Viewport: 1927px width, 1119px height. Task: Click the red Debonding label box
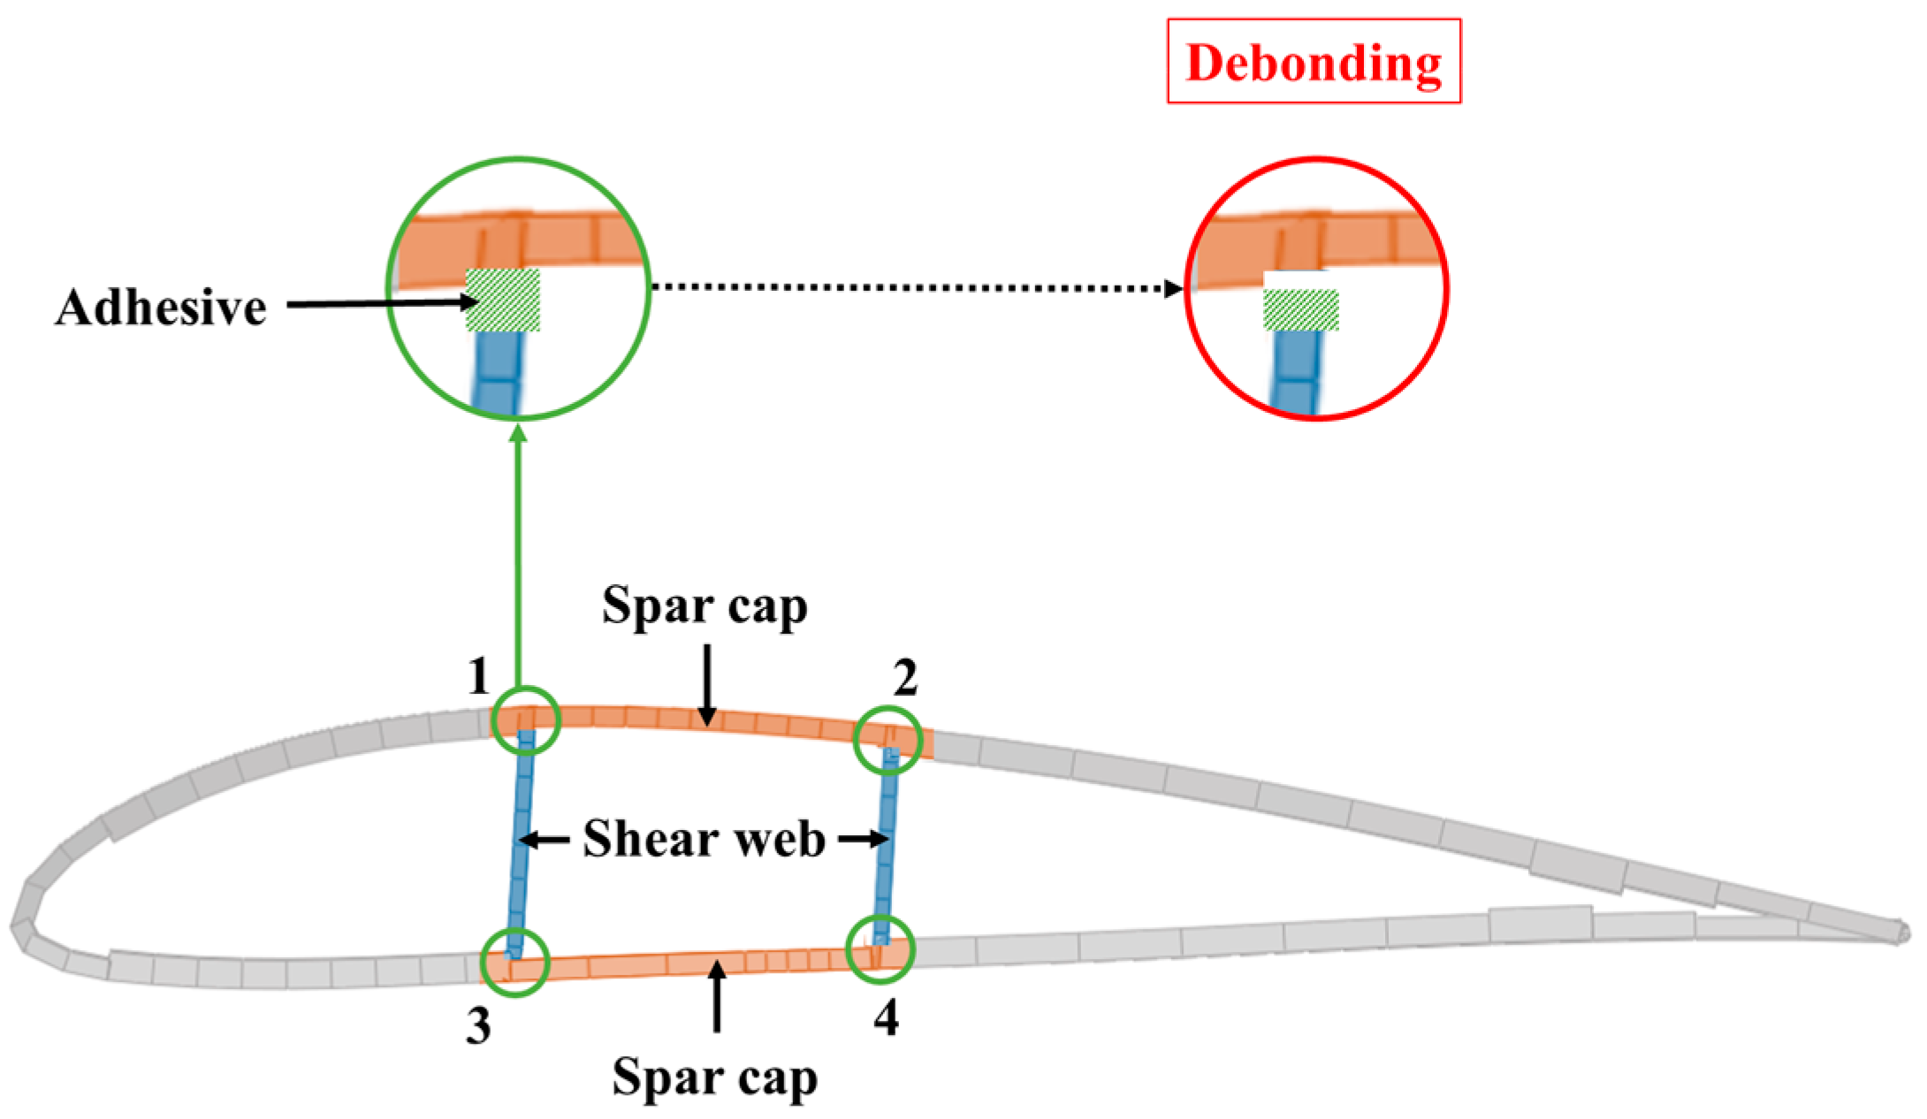tap(1314, 62)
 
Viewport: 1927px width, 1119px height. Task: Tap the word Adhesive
tap(161, 308)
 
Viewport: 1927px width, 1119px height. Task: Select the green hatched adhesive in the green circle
tap(503, 301)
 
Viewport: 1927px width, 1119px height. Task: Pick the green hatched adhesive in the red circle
tap(1300, 310)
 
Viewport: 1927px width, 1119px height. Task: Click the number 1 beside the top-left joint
tap(478, 677)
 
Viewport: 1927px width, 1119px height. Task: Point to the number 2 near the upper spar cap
tap(905, 679)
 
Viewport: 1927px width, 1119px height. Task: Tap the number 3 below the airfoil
tap(478, 1026)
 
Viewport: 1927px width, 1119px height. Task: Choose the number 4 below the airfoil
tap(886, 1018)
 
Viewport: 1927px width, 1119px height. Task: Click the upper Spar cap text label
tap(705, 607)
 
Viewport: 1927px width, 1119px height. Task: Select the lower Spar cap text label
tap(714, 1077)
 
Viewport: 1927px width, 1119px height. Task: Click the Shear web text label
tap(704, 839)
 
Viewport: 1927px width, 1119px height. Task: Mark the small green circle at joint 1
tap(526, 719)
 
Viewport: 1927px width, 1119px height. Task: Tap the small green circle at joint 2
tap(887, 740)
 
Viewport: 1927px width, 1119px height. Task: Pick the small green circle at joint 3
tap(514, 963)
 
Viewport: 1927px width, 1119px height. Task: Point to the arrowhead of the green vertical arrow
tap(519, 433)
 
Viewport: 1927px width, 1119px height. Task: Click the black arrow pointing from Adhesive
tap(380, 303)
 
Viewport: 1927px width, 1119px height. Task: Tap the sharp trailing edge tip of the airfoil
tap(1902, 932)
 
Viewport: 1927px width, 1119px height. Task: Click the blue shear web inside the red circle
tap(1296, 371)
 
